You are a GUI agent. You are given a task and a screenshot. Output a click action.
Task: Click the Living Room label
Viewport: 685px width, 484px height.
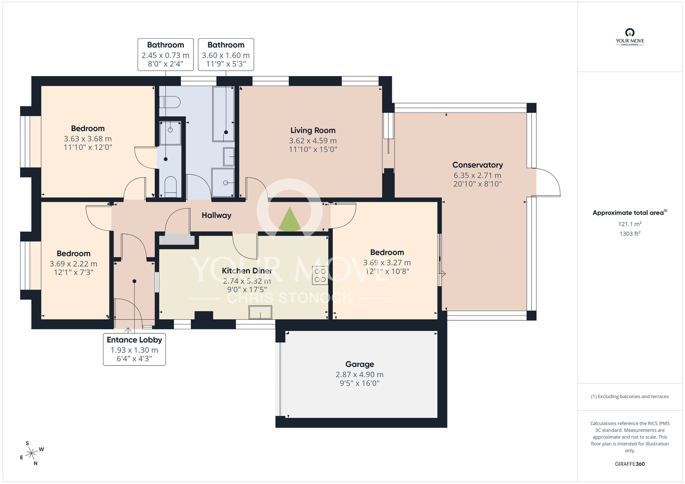[x=313, y=130]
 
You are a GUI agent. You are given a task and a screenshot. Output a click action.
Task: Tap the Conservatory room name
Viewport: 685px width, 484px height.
[x=477, y=165]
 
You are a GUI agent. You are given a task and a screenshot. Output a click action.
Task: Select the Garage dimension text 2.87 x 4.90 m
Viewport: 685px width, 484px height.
[x=359, y=374]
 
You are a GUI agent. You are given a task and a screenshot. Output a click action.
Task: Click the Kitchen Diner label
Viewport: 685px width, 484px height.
[x=247, y=271]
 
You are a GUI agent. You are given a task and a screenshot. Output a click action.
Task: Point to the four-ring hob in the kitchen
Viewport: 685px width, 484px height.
[x=320, y=276]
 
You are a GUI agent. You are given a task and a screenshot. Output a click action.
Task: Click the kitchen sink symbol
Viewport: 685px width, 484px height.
[x=260, y=312]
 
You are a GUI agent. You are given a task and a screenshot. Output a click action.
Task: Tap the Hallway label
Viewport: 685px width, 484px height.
[x=216, y=215]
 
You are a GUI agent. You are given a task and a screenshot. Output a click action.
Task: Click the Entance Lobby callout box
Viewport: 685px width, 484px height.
[x=134, y=349]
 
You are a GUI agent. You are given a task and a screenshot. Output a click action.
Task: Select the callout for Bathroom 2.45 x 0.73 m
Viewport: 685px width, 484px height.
[x=165, y=54]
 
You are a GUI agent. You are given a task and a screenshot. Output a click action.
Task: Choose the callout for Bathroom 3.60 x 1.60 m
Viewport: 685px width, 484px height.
[x=226, y=54]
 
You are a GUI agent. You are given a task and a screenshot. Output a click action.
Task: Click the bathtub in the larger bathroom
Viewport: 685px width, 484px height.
[x=224, y=114]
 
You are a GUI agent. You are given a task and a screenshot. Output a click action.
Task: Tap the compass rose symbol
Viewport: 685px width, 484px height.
[x=32, y=454]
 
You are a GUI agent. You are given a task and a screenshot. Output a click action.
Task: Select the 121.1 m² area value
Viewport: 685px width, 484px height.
[x=630, y=224]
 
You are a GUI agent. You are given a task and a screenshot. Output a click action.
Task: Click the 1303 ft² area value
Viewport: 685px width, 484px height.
[x=630, y=234]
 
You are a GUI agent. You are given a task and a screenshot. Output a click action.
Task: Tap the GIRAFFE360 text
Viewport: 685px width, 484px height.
[x=630, y=464]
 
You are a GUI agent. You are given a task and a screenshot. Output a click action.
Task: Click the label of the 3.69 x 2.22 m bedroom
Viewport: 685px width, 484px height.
[x=74, y=254]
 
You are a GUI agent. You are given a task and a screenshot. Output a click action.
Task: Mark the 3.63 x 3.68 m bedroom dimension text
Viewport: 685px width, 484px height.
[x=88, y=139]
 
